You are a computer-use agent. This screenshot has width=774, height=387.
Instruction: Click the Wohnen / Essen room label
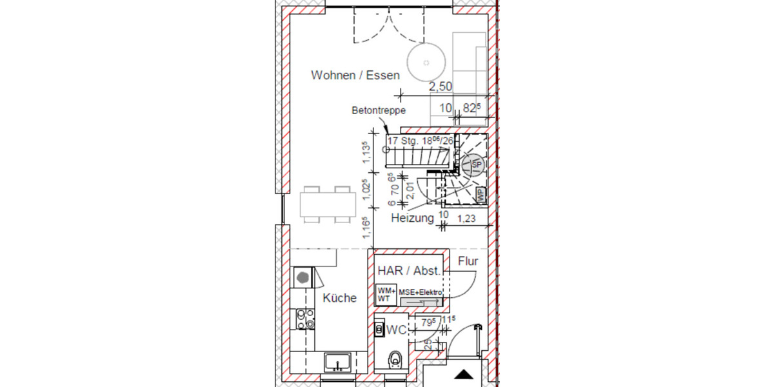(355, 75)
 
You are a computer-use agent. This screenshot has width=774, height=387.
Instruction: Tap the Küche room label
(340, 298)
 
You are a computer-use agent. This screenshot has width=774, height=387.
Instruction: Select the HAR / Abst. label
(409, 271)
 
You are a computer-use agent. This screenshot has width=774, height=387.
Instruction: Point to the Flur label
(468, 261)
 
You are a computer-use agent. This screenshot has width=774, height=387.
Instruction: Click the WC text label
(395, 330)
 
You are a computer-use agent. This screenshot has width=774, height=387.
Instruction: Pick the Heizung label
(413, 219)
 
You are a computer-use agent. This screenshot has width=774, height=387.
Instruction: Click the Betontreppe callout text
(379, 111)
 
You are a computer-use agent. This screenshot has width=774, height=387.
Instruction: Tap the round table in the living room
(426, 63)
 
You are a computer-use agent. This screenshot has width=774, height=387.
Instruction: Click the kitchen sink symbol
(338, 361)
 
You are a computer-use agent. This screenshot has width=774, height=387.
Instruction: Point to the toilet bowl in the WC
(395, 360)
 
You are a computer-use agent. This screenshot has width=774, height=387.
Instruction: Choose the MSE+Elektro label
(421, 293)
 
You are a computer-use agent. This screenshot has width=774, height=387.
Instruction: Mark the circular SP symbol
(476, 165)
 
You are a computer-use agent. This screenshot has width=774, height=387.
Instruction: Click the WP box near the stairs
(481, 193)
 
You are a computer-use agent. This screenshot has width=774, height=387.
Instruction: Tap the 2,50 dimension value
(441, 86)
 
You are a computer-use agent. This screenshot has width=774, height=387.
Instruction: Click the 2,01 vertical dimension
(408, 190)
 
